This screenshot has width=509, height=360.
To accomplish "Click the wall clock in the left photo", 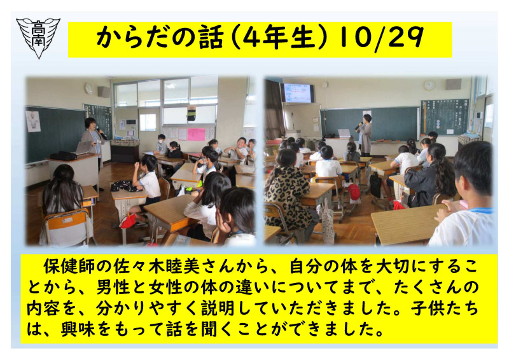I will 88,89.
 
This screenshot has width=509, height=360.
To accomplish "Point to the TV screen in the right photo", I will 297,93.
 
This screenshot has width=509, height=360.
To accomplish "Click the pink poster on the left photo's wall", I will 196,134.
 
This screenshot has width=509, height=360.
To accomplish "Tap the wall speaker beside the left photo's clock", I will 103,92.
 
